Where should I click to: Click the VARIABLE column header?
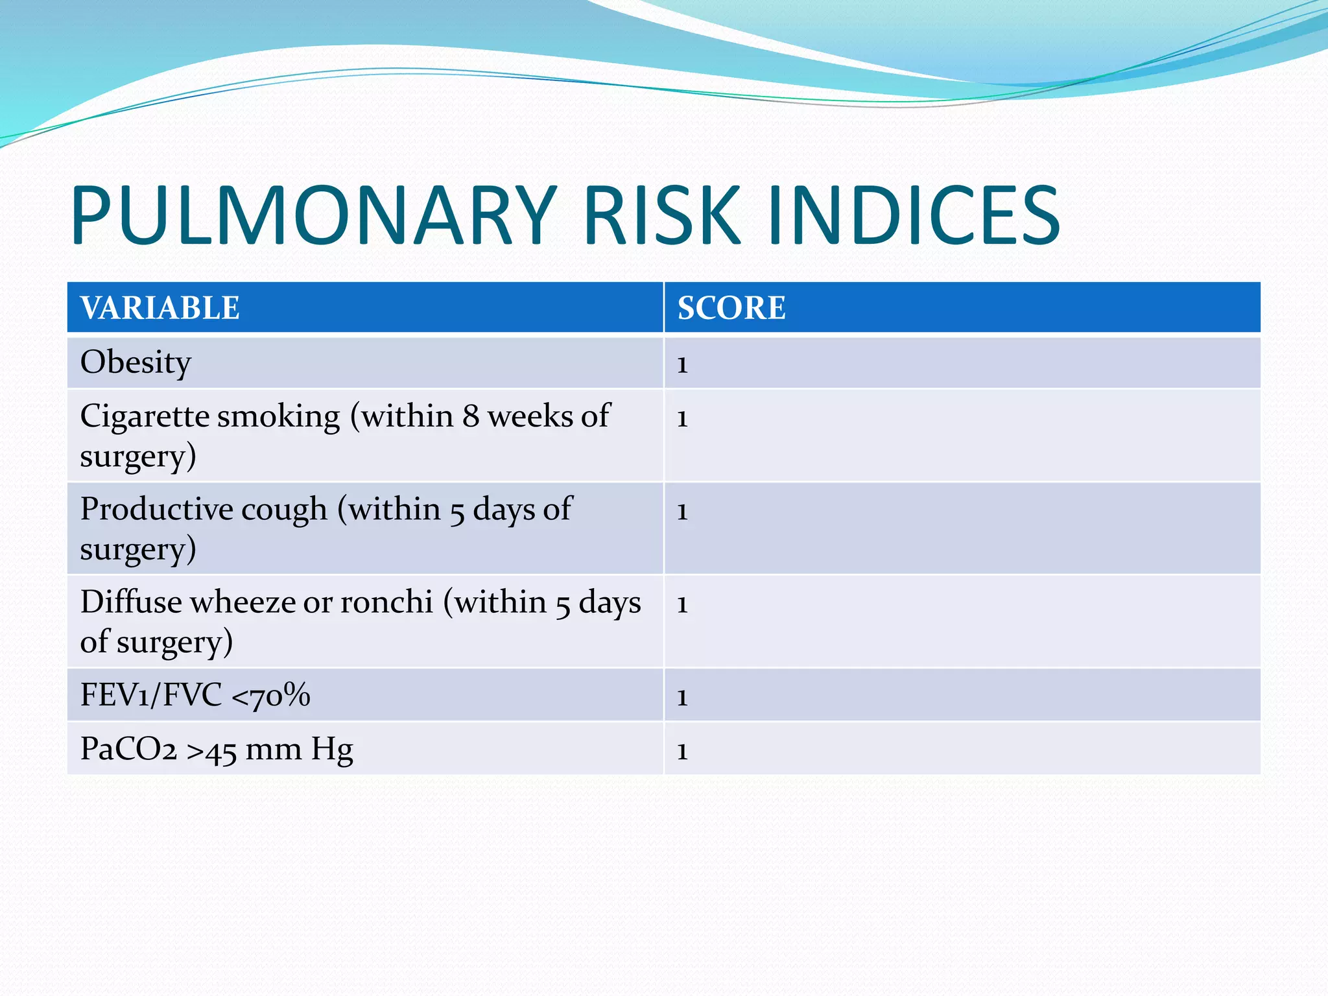(160, 308)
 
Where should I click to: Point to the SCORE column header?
(731, 308)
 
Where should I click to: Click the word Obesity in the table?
(136, 362)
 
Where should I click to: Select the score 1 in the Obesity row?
(682, 365)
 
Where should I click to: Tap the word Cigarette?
(145, 417)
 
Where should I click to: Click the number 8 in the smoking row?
(471, 417)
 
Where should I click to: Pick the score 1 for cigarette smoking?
(682, 419)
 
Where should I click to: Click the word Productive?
(157, 510)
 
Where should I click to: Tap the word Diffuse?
(131, 602)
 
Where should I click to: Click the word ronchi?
(386, 602)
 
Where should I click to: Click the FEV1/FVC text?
(151, 695)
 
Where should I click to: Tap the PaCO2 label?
(128, 750)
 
